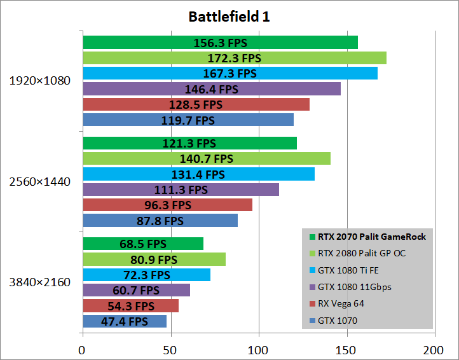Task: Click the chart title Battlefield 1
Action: pos(229,17)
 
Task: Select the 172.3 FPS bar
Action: pos(234,58)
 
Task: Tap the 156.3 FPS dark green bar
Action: pos(220,43)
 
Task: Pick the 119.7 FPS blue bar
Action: pos(188,120)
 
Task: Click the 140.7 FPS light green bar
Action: pos(206,158)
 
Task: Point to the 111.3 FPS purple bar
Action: pos(181,190)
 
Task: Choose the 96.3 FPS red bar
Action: pos(167,205)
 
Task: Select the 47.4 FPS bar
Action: pos(125,321)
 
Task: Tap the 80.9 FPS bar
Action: pos(154,260)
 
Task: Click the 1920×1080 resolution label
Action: pos(40,81)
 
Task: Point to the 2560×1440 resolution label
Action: pos(40,182)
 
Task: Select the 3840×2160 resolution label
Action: pos(40,282)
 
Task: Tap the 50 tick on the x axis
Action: pos(170,349)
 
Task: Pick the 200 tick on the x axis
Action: pos(434,349)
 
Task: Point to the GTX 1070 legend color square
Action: pos(312,321)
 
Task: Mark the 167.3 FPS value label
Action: pos(229,73)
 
